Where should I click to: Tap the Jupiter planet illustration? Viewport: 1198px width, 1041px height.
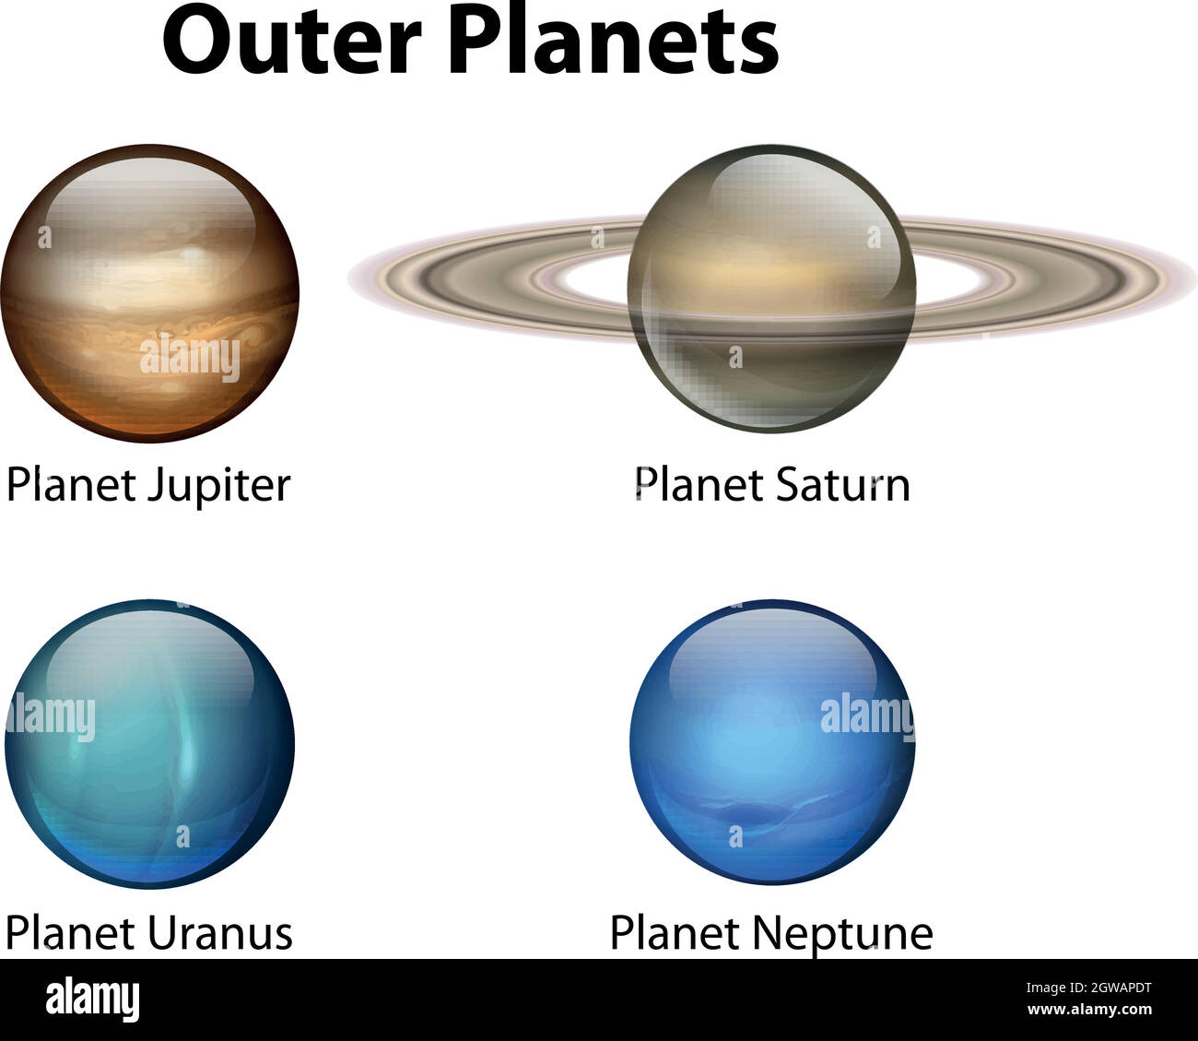point(149,293)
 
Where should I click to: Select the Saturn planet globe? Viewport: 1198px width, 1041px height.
point(771,288)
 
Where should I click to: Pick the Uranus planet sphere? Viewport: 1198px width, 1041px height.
point(149,744)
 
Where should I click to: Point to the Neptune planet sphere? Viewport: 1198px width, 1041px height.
point(772,743)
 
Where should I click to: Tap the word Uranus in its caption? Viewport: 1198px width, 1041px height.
point(219,933)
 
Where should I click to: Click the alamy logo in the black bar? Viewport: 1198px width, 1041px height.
point(92,1000)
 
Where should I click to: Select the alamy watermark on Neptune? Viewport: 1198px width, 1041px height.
point(866,716)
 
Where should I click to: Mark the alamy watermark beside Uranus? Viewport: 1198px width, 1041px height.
point(51,716)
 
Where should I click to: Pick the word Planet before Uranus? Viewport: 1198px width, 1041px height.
point(71,933)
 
